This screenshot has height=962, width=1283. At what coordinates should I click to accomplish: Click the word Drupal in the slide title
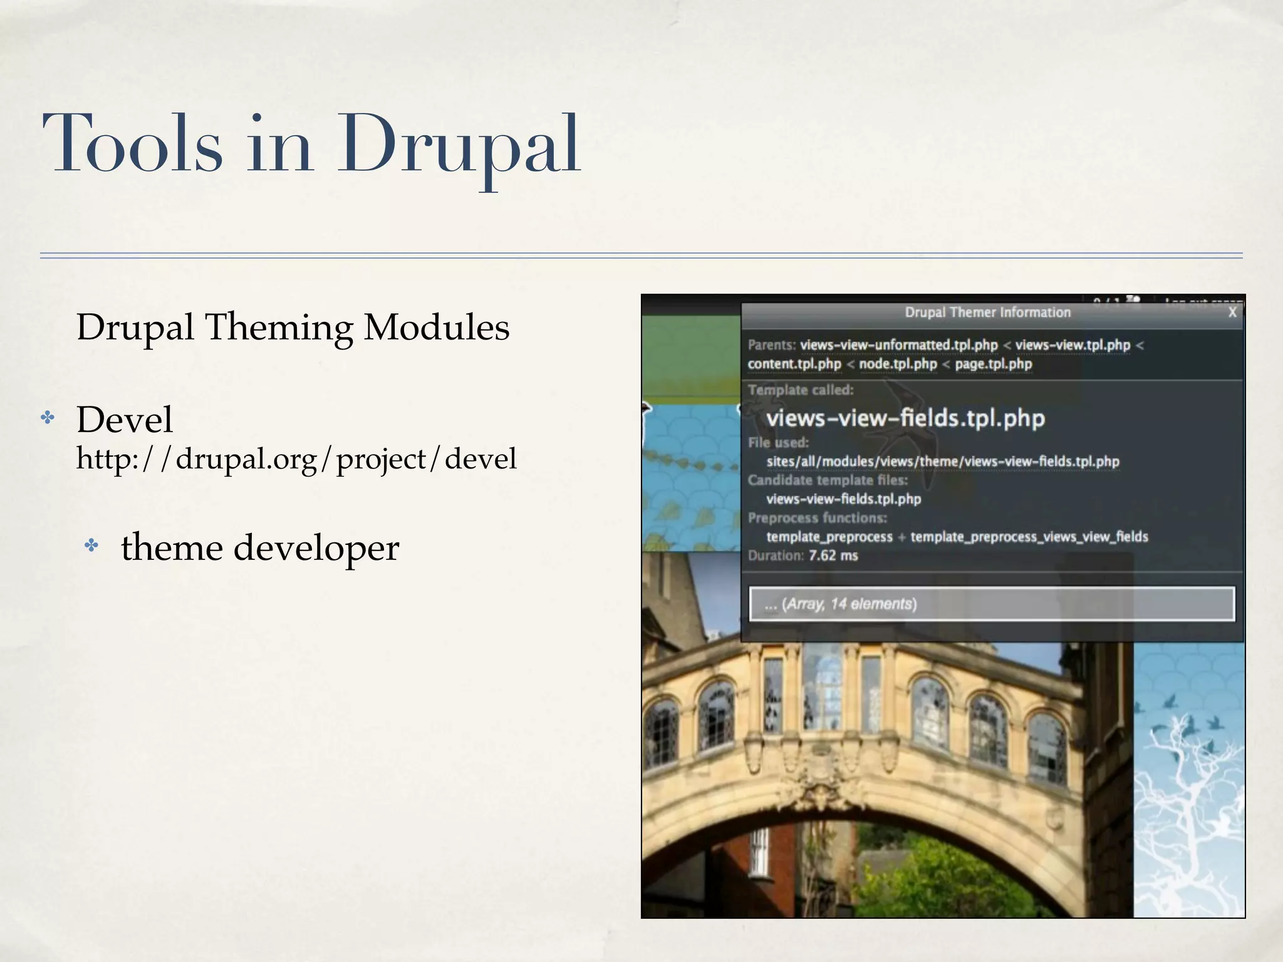point(459,145)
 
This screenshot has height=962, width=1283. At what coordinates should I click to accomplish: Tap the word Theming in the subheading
point(279,328)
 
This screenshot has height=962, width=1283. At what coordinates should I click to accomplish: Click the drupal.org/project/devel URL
point(296,458)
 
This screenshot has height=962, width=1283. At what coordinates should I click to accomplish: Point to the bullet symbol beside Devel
point(48,418)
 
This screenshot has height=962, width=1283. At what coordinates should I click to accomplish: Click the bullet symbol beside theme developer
point(92,546)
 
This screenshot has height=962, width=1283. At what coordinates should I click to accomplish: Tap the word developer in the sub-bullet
point(316,547)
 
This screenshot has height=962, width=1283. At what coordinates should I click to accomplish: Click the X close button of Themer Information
point(1232,313)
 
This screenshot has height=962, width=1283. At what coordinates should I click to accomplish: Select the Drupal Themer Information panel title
point(987,313)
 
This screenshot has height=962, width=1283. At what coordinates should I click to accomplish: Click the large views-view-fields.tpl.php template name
point(905,418)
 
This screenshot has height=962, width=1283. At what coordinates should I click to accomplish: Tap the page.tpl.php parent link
point(993,364)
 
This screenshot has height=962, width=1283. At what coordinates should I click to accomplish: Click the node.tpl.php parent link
point(897,364)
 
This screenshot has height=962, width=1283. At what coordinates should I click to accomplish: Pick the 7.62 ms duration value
point(833,556)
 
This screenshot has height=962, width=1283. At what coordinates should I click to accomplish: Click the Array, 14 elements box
point(992,604)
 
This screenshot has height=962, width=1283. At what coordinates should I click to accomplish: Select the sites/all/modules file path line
point(942,462)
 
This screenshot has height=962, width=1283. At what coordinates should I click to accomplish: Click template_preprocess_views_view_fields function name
point(1029,537)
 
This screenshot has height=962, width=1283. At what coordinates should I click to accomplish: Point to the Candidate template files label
point(827,480)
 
